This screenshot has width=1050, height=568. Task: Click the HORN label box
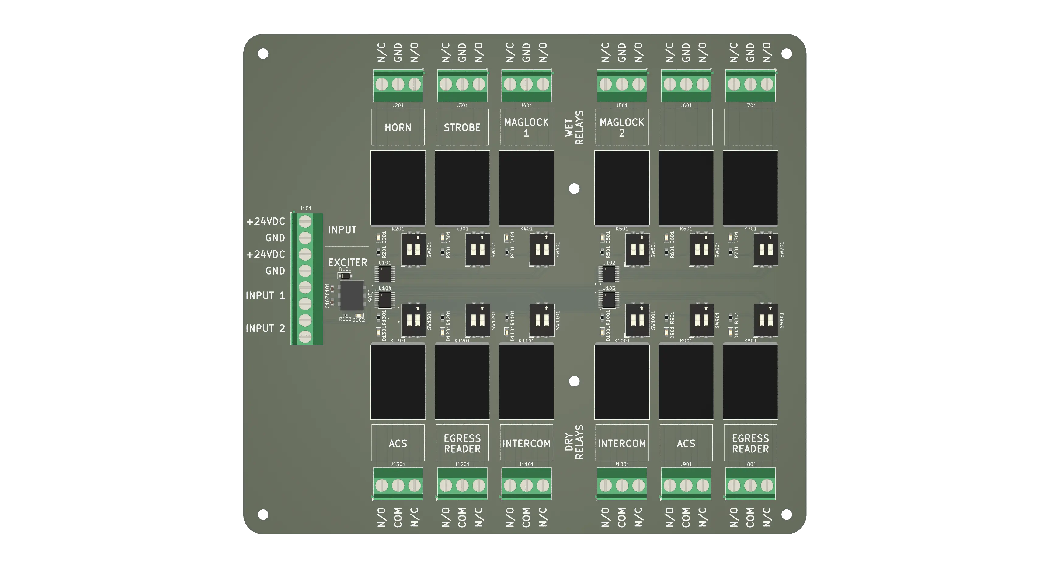tap(398, 127)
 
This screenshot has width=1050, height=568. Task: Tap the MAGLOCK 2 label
tap(622, 127)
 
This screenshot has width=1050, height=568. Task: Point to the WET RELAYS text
tap(574, 127)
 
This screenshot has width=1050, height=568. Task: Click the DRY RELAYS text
tap(574, 442)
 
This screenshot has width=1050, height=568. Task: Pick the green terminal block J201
tap(398, 85)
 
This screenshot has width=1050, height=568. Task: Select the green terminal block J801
tap(750, 484)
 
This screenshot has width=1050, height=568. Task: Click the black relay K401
tap(526, 187)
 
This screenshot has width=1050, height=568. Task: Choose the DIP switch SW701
tap(766, 249)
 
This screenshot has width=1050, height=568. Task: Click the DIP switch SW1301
tap(414, 320)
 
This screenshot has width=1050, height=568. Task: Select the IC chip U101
tap(384, 274)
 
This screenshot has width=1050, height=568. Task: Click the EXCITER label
tap(347, 262)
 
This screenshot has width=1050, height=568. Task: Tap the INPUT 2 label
tap(265, 328)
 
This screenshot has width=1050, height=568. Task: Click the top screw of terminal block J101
tap(305, 222)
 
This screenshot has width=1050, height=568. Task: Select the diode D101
tap(345, 275)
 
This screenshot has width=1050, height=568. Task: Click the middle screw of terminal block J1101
tap(526, 485)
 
